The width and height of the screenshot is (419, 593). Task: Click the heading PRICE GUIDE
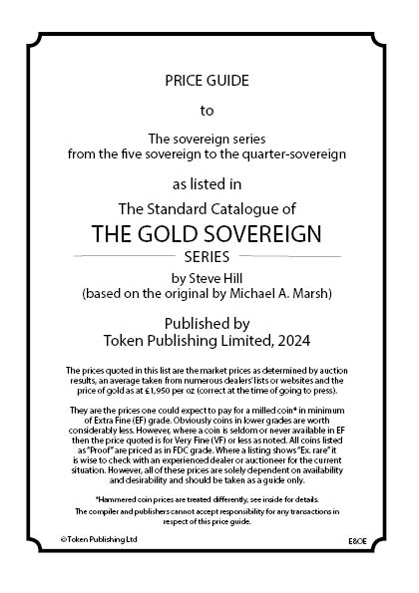[x=208, y=78]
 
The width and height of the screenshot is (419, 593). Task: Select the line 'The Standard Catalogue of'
[x=208, y=209]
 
